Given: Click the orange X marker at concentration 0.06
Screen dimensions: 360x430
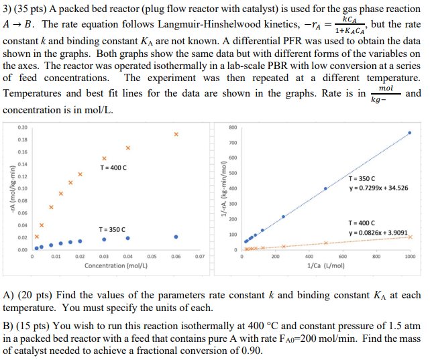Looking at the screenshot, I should [176, 134].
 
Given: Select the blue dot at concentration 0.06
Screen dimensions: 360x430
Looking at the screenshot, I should [176, 237].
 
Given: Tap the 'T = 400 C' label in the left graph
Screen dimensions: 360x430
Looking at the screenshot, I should [113, 167].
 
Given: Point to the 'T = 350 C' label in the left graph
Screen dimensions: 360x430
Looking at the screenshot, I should [113, 229].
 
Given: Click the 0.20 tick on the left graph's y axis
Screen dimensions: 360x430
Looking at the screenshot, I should [23, 127].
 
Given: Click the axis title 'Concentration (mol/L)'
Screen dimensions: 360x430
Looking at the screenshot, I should [116, 265].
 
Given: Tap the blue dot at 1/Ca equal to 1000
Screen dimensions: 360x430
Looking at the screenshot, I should [410, 133].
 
